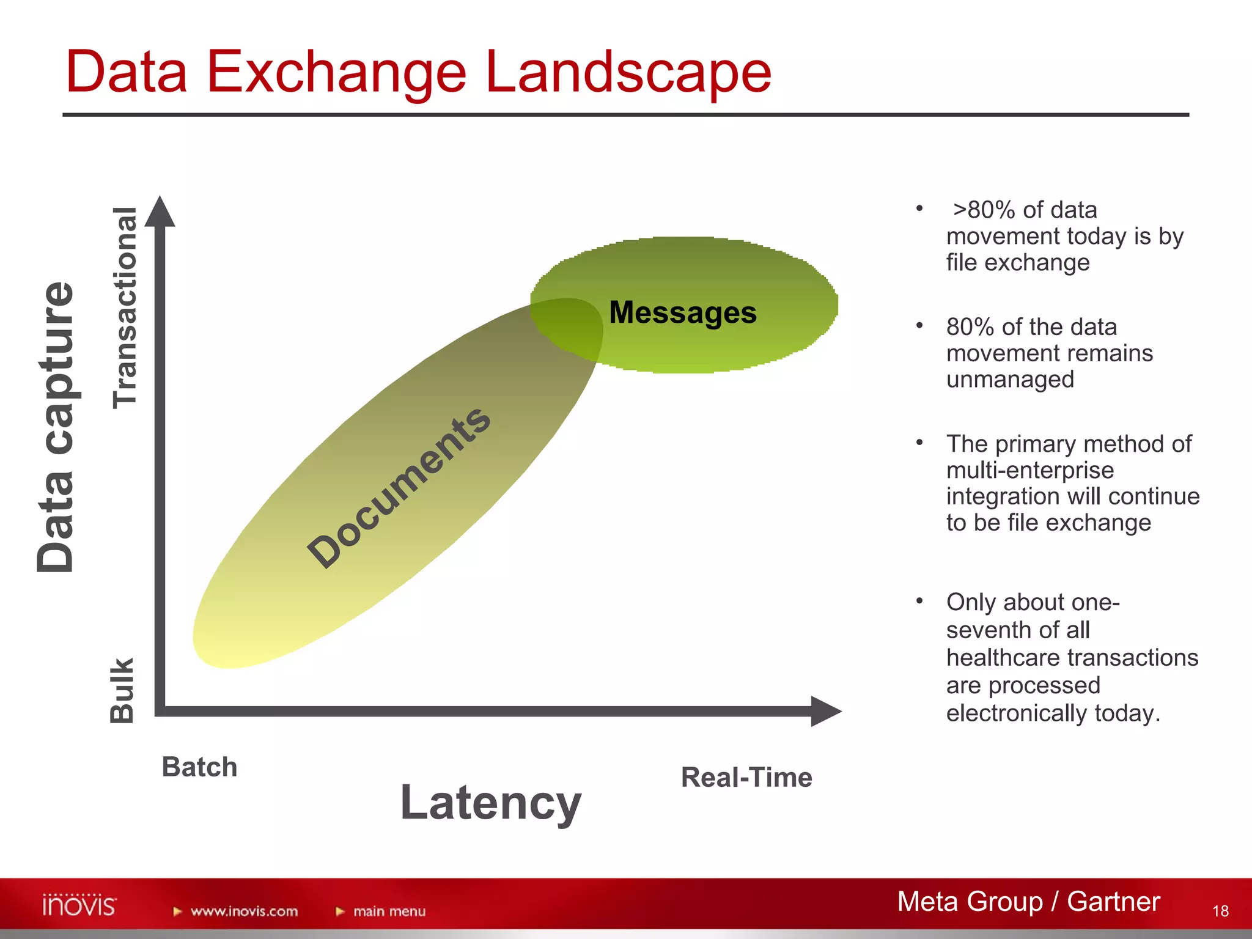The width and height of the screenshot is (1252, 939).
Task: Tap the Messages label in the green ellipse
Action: click(x=683, y=312)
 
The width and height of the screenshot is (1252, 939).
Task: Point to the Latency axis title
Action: click(x=490, y=803)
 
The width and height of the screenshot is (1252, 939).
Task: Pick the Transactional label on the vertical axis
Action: click(x=125, y=307)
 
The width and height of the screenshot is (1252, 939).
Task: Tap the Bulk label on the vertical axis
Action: click(x=122, y=690)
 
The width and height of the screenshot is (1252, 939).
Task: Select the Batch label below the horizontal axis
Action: click(x=199, y=767)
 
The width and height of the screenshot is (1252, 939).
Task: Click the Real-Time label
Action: click(x=746, y=778)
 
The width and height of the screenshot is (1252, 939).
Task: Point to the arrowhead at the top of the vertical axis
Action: click(x=160, y=212)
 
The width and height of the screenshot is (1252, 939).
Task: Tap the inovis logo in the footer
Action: click(x=79, y=905)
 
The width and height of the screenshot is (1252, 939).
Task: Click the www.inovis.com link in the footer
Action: click(x=244, y=911)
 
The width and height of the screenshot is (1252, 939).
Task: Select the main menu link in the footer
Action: click(x=389, y=911)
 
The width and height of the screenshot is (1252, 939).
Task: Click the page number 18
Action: click(x=1220, y=911)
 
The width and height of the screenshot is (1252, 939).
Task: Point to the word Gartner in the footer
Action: click(x=1113, y=902)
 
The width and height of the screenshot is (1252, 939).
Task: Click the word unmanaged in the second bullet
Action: click(x=1010, y=380)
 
